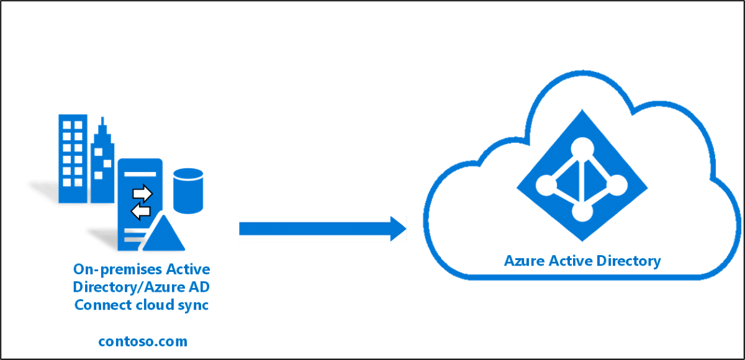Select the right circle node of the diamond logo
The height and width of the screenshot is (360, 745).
pyautogui.click(x=618, y=184)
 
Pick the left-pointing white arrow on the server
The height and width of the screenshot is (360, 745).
pyautogui.click(x=141, y=212)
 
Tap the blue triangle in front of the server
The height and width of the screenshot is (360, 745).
pyautogui.click(x=161, y=235)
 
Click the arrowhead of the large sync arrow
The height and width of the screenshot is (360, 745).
pyautogui.click(x=397, y=228)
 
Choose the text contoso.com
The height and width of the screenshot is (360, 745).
pyautogui.click(x=142, y=341)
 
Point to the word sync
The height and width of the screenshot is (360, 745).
pyautogui.click(x=196, y=305)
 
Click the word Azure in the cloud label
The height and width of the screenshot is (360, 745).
pyautogui.click(x=524, y=261)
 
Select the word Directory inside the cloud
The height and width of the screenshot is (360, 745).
pyautogui.click(x=628, y=261)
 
